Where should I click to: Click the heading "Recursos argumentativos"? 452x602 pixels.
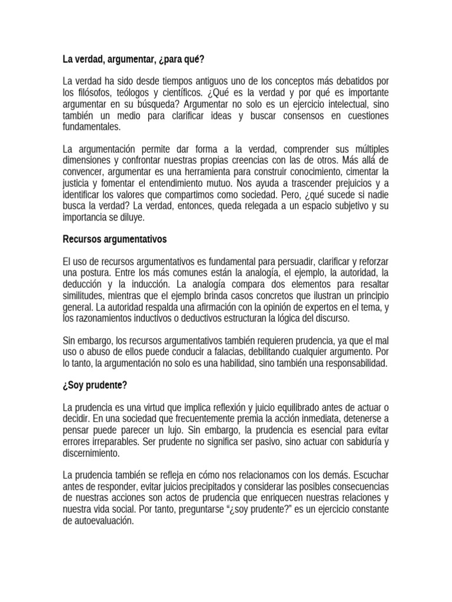coord(115,239)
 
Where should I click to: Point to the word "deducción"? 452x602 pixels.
coord(82,285)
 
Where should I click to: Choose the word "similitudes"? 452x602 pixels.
coord(85,296)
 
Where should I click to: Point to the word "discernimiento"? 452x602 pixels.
coord(91,453)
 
